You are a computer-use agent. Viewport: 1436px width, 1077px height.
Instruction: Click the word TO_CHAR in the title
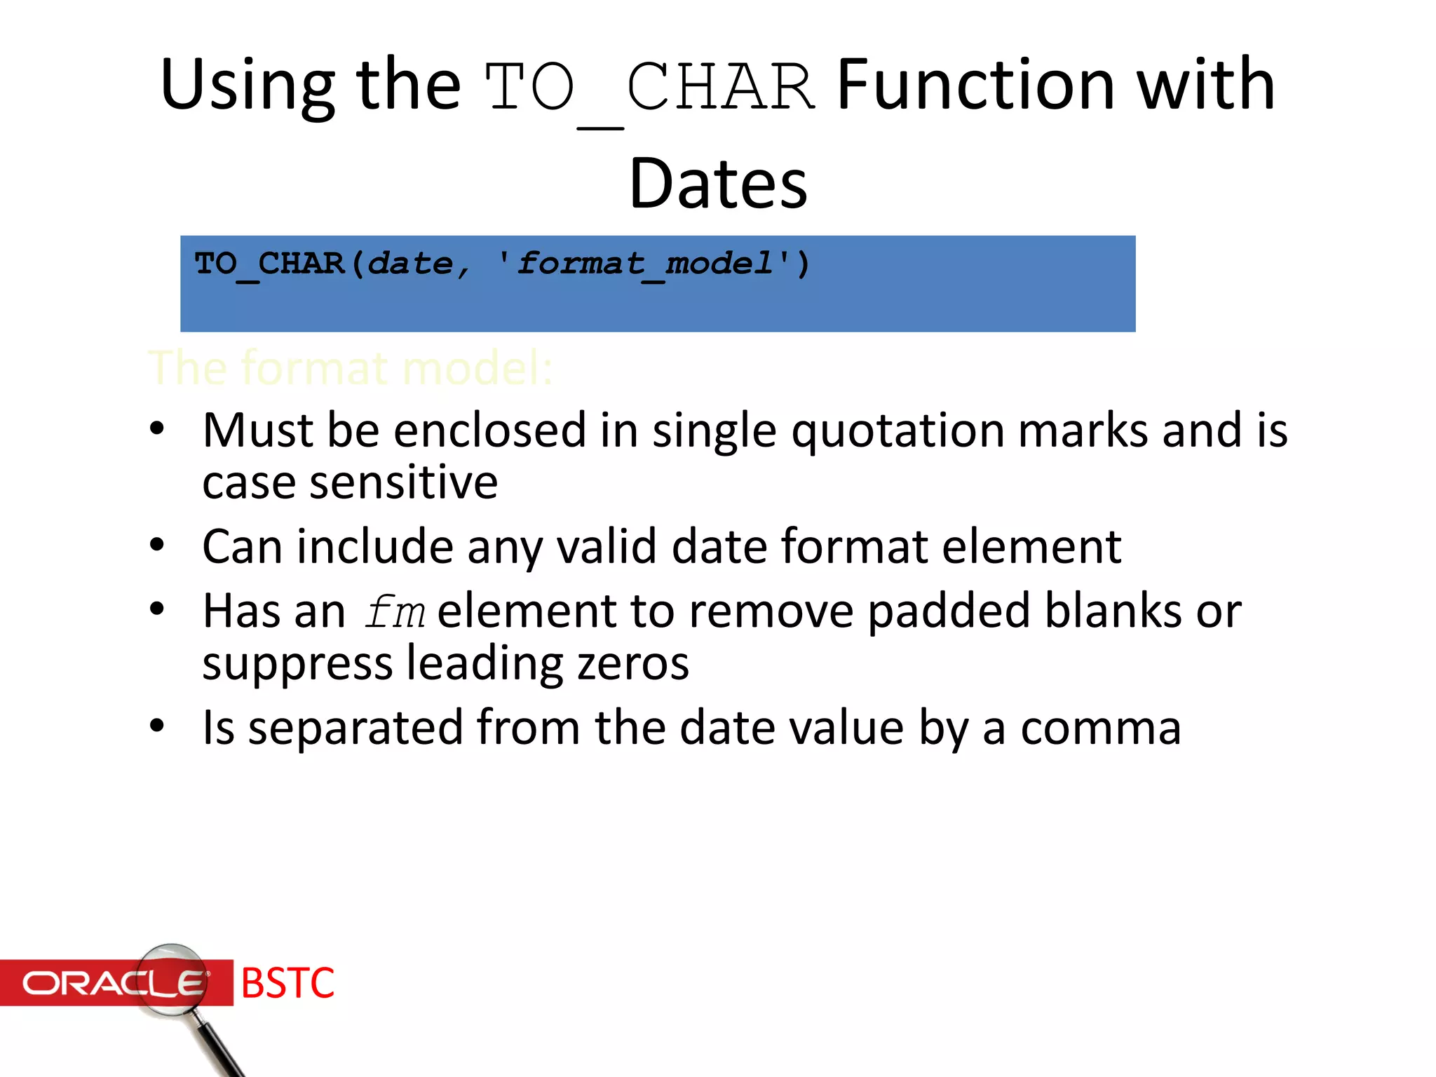tap(649, 88)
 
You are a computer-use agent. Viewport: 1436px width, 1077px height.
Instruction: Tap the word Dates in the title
tap(718, 184)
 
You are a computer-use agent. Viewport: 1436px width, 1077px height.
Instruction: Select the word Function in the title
tap(975, 85)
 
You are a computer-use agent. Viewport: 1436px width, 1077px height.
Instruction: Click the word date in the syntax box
tap(410, 264)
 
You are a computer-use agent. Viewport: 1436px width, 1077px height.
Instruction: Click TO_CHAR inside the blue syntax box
tap(269, 264)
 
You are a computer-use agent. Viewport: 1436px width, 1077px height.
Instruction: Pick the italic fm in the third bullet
tap(395, 611)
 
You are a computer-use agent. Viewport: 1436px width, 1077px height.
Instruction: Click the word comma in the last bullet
tap(1100, 728)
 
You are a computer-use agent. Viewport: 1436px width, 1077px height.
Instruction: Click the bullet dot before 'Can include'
tap(157, 545)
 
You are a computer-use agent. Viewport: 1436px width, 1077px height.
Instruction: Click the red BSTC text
tap(287, 983)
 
